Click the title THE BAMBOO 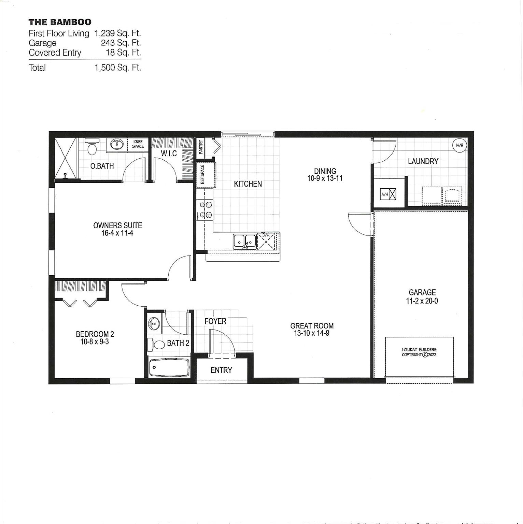pos(60,22)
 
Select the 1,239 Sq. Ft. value pos(117,33)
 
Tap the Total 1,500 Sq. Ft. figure pos(117,68)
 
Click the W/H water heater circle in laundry pos(459,145)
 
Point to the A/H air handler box pos(388,194)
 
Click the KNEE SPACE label pos(138,144)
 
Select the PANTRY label pos(201,147)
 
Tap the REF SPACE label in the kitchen pos(202,174)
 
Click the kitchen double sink pos(245,242)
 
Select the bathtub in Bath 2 pos(169,367)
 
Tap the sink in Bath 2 pos(154,323)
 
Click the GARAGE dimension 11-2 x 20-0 pos(422,301)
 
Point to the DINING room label pos(325,171)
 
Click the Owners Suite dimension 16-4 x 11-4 pos(117,233)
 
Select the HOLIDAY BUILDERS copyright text pos(419,352)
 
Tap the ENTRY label pos(221,370)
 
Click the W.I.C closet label pos(169,154)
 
